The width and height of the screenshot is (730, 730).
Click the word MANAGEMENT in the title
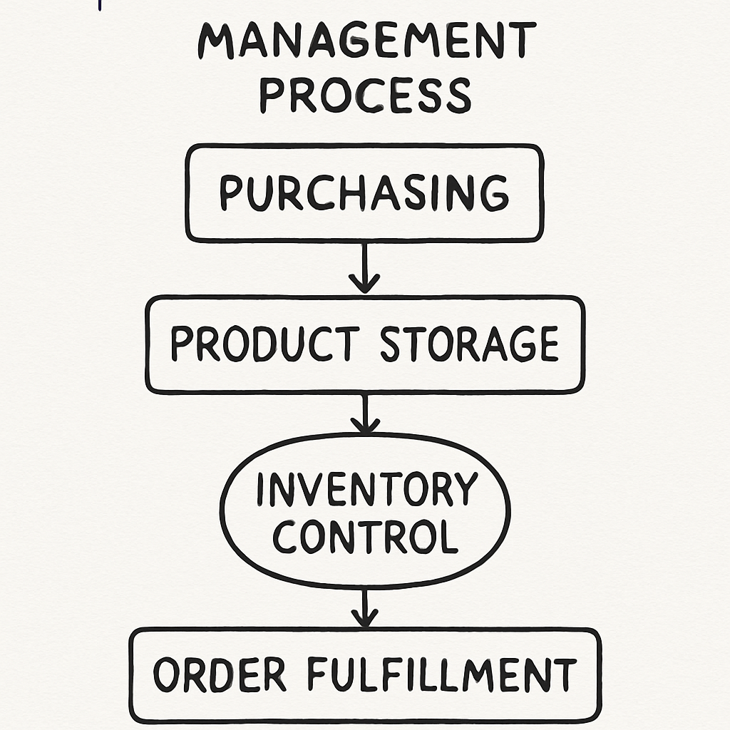pos(366,41)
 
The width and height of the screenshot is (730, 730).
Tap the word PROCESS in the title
pos(365,95)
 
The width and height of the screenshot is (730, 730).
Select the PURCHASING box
pos(364,192)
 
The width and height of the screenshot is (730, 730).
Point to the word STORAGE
pos(468,344)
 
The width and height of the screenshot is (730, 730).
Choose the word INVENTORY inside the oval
pos(366,490)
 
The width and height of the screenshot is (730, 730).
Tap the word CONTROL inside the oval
pos(365,536)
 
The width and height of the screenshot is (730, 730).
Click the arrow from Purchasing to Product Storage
pos(365,267)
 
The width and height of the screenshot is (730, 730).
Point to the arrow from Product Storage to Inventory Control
pos(365,414)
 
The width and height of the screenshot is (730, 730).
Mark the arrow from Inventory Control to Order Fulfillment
pos(365,607)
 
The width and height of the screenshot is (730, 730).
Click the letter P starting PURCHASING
pos(230,193)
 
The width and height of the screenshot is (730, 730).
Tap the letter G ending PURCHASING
pos(494,193)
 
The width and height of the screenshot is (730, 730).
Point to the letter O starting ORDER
pos(167,675)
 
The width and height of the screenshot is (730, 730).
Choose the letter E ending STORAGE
pos(545,344)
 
